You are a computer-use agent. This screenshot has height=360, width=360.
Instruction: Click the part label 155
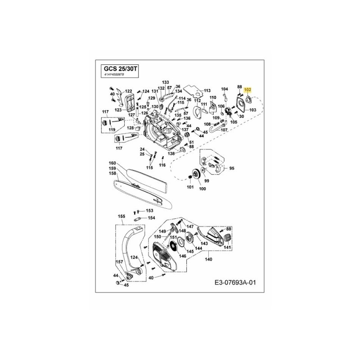coord(121,216)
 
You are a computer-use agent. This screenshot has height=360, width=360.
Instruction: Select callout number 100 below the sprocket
coord(202,189)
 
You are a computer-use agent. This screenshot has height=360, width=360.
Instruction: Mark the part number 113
coord(207,90)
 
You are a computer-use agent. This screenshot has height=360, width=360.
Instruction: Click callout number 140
coord(208,259)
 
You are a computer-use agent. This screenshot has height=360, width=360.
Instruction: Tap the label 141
coord(227,247)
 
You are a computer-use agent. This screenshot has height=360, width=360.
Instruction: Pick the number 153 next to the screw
coord(149,211)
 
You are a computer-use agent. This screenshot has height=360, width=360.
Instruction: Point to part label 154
coord(151,218)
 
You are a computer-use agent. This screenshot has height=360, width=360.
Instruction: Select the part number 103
coord(252,110)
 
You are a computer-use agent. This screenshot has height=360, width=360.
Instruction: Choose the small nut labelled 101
coord(190,180)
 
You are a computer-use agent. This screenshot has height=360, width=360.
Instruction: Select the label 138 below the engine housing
coord(171,154)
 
